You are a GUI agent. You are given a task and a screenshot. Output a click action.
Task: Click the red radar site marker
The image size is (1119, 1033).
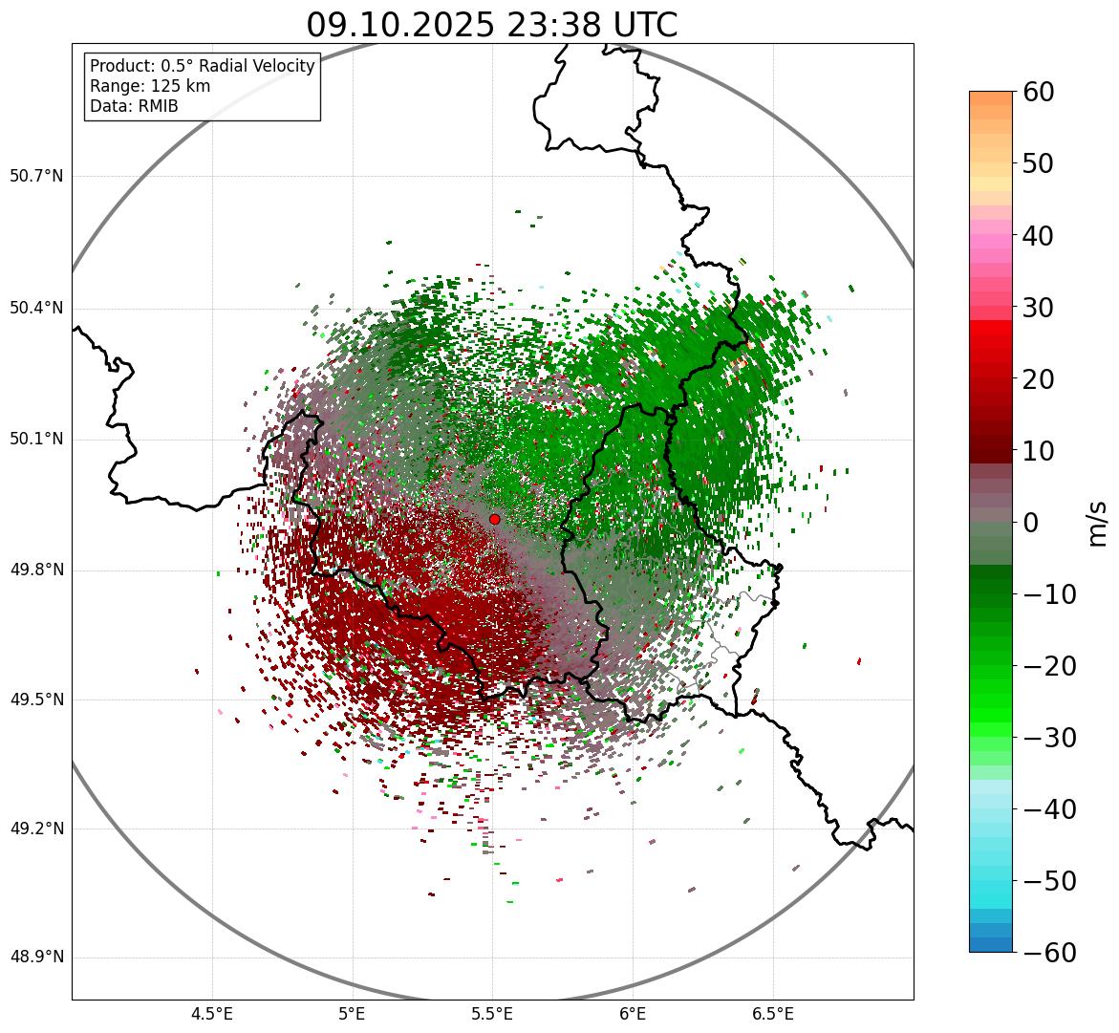click(495, 519)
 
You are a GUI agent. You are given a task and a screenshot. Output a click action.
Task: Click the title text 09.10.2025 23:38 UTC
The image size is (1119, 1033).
click(492, 25)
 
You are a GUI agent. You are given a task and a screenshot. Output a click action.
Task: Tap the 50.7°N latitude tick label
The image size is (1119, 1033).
click(36, 177)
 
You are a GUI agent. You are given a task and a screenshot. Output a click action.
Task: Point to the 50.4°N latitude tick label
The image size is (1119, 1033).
click(36, 309)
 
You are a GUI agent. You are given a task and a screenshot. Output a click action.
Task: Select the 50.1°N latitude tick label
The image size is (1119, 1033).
click(36, 440)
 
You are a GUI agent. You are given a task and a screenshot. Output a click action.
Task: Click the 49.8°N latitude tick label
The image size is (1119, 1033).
click(36, 570)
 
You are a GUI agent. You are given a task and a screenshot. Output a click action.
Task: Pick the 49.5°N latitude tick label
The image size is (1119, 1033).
click(36, 700)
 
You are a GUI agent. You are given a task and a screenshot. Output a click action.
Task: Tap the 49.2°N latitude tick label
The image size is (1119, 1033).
click(36, 829)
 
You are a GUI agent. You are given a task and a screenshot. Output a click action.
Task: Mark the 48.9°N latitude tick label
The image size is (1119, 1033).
click(36, 958)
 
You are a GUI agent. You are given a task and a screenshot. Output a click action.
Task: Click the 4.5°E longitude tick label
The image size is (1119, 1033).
click(212, 1014)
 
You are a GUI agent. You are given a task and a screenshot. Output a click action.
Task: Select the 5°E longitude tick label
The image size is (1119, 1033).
click(353, 1014)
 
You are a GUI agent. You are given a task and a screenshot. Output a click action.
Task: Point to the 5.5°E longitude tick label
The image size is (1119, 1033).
click(492, 1014)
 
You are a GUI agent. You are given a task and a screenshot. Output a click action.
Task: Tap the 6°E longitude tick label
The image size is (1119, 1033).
click(633, 1014)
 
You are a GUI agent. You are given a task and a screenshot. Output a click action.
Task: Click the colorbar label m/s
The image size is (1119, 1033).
click(1098, 522)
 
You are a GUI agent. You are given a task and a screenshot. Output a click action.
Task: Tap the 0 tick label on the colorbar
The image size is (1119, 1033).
click(1032, 523)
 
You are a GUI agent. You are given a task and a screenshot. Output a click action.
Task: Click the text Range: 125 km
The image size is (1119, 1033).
click(150, 86)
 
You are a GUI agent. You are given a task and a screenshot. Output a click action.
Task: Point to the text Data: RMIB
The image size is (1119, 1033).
click(134, 106)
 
